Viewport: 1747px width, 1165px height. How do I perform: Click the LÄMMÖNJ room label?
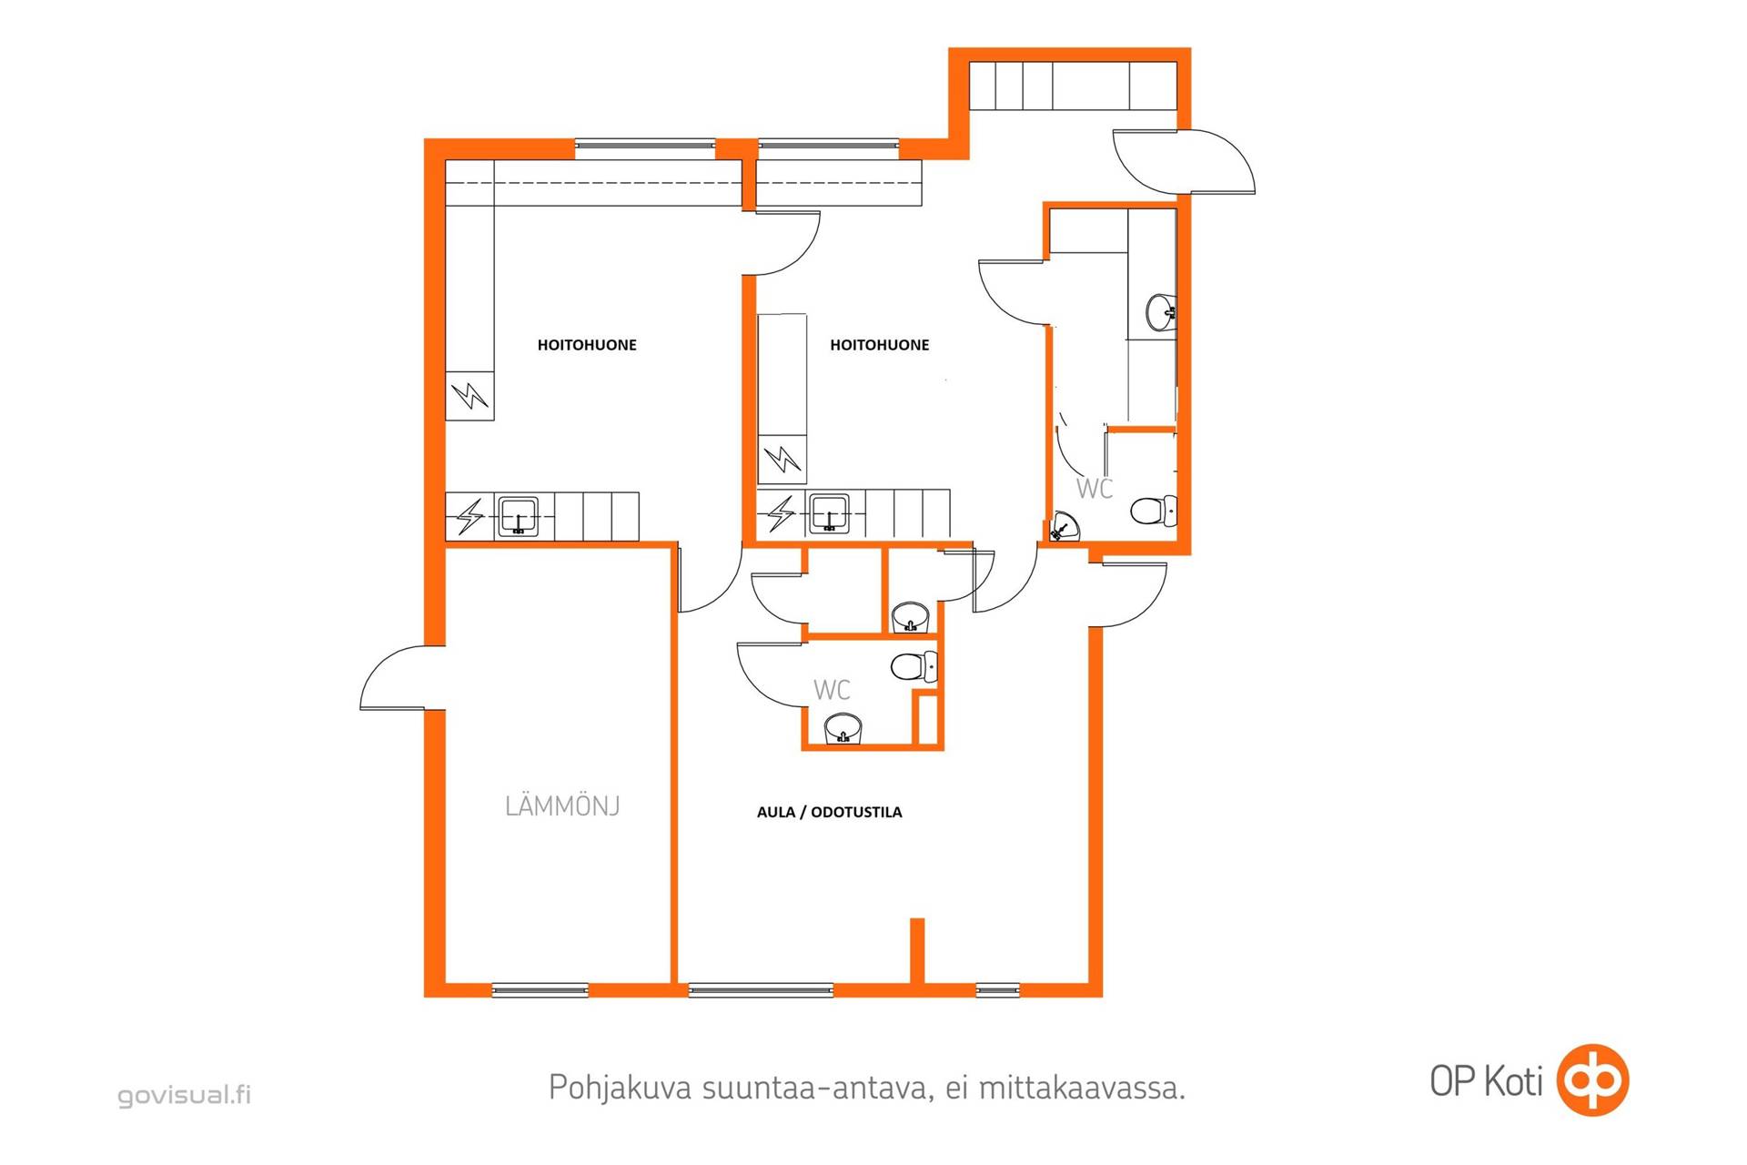[562, 805]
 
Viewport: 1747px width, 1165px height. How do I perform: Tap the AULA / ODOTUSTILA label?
[829, 812]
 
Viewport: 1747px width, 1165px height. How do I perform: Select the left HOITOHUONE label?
[587, 345]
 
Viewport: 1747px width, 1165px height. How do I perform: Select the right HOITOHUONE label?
[879, 345]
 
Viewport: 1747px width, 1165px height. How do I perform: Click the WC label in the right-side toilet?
[1095, 489]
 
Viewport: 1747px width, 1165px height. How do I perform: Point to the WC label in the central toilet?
[832, 690]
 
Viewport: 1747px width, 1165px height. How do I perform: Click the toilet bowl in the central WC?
[914, 667]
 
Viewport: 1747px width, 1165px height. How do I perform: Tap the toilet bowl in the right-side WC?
[1154, 511]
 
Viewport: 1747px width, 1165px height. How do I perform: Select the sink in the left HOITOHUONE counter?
[519, 516]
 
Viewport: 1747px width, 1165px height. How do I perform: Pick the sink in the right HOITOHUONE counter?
[829, 514]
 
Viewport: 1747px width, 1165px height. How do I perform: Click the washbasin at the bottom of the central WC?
[843, 729]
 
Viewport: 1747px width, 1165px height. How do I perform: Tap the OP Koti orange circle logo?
[1592, 1080]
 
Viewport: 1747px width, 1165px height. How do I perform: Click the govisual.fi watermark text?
[184, 1094]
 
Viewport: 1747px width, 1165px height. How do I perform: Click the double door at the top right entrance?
[1183, 161]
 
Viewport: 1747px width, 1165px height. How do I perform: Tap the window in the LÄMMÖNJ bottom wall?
[540, 990]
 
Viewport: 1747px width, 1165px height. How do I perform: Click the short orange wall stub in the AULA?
[917, 951]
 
